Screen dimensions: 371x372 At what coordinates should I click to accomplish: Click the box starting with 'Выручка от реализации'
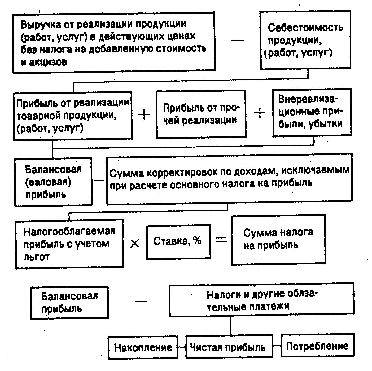coord(113,42)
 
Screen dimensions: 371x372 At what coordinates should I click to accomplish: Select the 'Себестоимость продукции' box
coord(305,40)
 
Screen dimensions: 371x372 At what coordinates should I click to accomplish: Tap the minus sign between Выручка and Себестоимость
coord(238,40)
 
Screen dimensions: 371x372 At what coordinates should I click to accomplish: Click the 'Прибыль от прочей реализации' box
coord(201,114)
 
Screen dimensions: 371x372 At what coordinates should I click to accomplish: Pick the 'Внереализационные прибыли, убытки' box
coord(312,112)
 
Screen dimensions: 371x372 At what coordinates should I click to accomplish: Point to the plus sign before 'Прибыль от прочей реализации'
coord(144,115)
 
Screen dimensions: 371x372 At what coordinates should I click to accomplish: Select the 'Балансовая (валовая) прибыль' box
coord(53,182)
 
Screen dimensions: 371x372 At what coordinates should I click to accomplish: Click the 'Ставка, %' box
coord(178,241)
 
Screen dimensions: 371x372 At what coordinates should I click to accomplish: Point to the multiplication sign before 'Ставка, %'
coord(135,243)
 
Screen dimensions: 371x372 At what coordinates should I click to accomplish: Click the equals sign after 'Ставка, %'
coord(221,240)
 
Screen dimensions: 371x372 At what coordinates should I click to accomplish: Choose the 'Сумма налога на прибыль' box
coord(278,240)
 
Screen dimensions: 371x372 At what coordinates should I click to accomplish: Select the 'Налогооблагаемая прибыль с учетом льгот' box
coord(69,244)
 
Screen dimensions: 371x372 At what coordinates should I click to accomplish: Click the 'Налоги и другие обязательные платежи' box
coord(261,300)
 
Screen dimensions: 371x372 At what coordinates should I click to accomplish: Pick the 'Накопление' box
coord(143,347)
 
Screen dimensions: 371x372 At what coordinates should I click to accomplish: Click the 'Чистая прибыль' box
coord(229,347)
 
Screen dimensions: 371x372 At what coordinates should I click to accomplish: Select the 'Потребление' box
coord(317,346)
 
